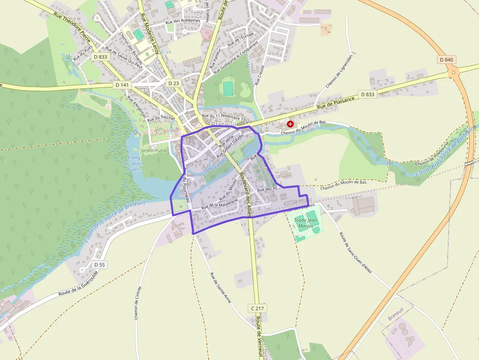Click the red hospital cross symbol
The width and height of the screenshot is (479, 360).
coord(290,125)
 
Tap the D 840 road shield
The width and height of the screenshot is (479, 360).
coord(446,60)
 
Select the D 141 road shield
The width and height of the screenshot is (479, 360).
coord(123,85)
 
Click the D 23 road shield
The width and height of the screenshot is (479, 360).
coord(174,83)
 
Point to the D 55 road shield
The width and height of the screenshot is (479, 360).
coord(99,265)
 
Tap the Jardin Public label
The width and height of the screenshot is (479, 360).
coord(154,150)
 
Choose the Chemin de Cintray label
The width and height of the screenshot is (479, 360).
coord(138,302)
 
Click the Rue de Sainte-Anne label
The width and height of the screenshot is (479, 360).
coord(220,288)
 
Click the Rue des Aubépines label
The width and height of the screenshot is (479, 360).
coord(183,21)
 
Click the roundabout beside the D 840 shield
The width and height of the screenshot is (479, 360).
coord(455,73)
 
